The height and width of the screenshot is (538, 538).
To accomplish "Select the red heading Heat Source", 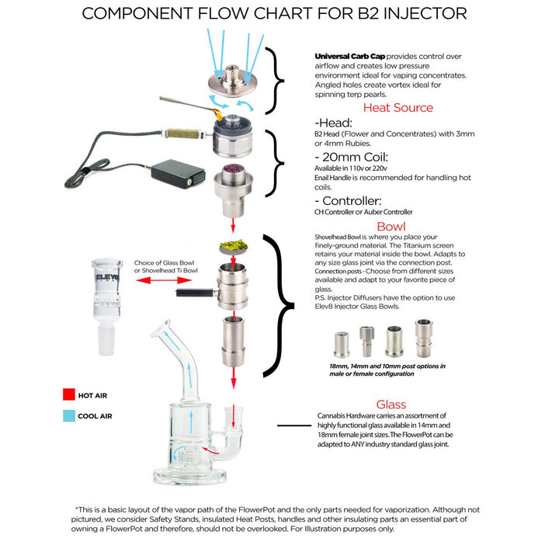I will (398, 108).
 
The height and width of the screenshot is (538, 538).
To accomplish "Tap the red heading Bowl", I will (390, 228).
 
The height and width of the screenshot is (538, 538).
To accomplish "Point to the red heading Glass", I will (390, 404).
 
